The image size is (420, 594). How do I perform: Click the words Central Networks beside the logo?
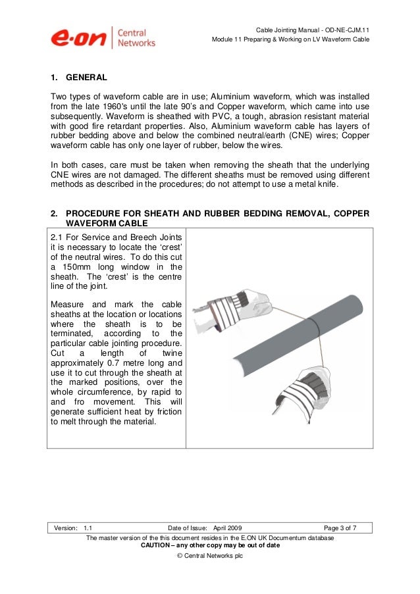pos(137,37)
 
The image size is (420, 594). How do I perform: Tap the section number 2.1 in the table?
pos(58,237)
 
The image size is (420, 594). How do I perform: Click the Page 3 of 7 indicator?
pos(340,528)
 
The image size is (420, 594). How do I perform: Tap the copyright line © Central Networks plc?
pos(210,556)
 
